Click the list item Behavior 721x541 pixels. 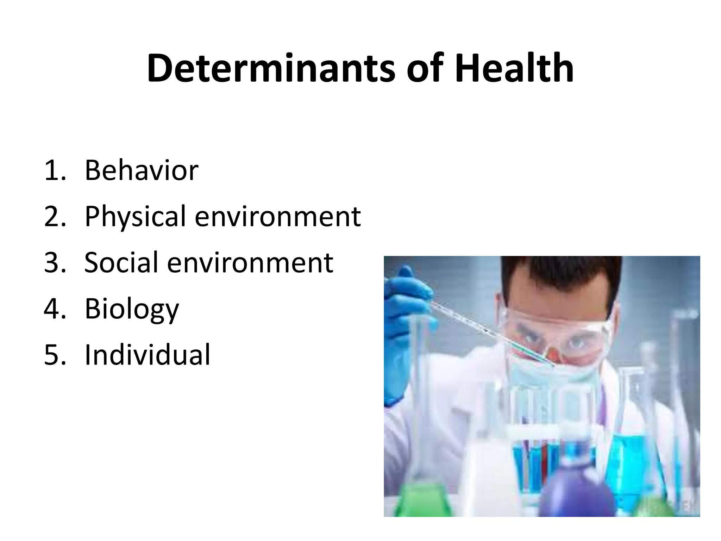[x=142, y=170]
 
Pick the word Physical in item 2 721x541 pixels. [x=135, y=217]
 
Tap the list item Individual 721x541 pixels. [x=148, y=355]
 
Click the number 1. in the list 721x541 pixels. [x=55, y=171]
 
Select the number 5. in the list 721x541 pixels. [x=55, y=355]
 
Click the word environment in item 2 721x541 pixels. [x=277, y=217]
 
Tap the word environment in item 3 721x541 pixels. [x=250, y=263]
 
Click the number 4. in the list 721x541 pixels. [x=55, y=309]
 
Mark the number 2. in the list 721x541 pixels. [x=55, y=217]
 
